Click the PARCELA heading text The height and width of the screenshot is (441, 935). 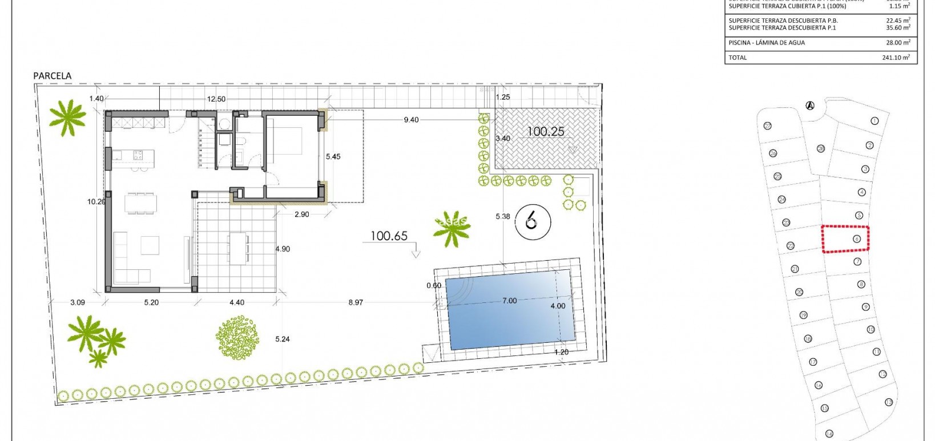53,76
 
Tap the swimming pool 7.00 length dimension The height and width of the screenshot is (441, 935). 509,301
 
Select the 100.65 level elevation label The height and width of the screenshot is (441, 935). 389,236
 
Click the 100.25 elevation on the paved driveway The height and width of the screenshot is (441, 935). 545,132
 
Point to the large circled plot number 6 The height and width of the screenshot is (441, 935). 531,220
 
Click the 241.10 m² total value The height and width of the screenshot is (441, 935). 896,58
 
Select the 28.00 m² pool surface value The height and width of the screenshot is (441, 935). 898,43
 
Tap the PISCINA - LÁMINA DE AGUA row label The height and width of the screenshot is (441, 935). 767,43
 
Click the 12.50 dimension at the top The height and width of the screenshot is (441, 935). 216,99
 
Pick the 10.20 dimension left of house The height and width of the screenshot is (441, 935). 96,201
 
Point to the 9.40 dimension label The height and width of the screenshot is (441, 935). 411,120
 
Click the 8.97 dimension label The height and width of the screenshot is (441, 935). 356,302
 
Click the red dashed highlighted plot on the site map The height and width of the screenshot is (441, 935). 845,238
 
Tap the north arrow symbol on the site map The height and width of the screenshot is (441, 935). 809,106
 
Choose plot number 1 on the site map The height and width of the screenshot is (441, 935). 874,121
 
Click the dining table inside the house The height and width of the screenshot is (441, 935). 140,203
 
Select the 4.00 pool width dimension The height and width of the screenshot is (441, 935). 558,306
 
